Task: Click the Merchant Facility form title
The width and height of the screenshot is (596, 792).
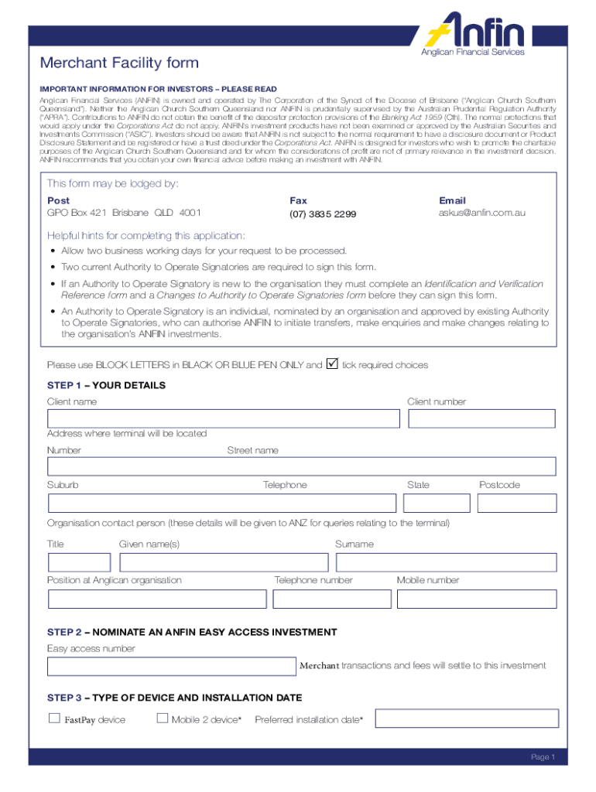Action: (122, 63)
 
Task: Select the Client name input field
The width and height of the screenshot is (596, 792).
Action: (223, 418)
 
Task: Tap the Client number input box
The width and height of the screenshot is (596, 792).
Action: (481, 418)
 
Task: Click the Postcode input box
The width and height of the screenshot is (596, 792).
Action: (516, 503)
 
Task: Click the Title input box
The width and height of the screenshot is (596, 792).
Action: (79, 562)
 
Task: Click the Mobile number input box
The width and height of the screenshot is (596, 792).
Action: (476, 599)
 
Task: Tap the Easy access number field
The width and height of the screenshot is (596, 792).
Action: (172, 666)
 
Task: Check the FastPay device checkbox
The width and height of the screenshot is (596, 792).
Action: (54, 719)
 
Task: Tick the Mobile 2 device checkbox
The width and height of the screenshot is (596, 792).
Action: (162, 719)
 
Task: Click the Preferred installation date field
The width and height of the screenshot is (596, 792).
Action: (467, 719)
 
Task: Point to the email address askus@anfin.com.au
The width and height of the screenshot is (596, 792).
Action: (482, 213)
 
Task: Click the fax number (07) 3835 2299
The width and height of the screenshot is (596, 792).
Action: (323, 213)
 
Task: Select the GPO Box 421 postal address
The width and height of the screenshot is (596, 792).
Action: (124, 213)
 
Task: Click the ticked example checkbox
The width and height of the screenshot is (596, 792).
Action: (333, 363)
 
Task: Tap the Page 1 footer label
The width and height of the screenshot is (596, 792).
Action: (543, 757)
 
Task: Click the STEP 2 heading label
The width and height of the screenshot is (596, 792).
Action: (192, 632)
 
